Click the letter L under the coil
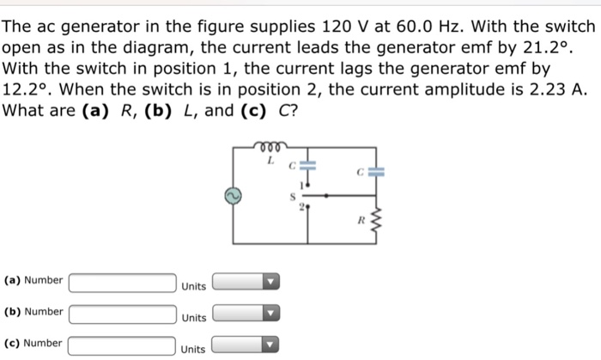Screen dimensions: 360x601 (x=269, y=161)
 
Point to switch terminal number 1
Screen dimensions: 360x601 (x=300, y=184)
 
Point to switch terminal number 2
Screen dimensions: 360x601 (x=300, y=207)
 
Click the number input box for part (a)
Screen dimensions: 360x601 (x=122, y=282)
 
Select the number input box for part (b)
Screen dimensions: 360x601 (x=122, y=313)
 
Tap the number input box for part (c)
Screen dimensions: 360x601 (x=122, y=345)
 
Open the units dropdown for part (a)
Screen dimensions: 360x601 (x=247, y=282)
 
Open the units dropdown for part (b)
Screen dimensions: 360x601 (x=247, y=313)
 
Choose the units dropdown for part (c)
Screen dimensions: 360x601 (x=247, y=345)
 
